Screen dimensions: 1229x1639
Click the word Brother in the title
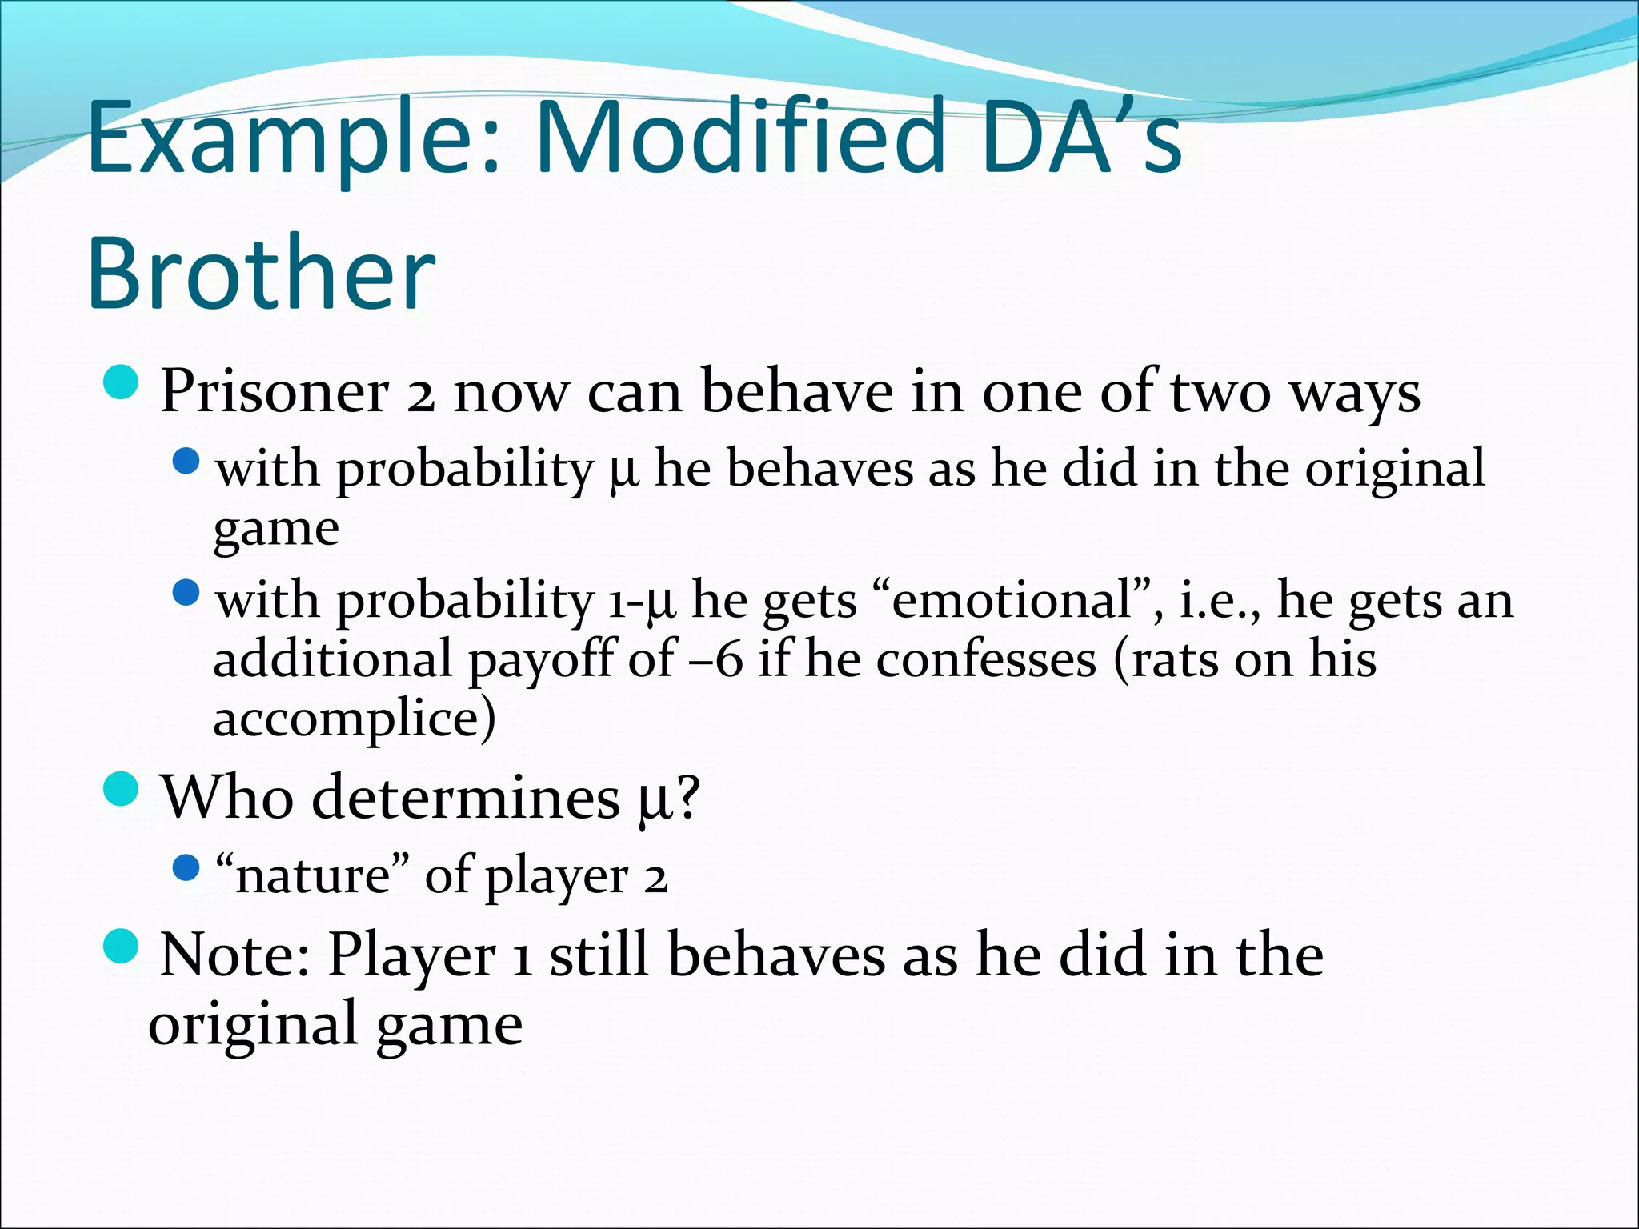point(261,274)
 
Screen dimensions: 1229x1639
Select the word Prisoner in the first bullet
point(275,392)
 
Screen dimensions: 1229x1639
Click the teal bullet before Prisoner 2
point(122,382)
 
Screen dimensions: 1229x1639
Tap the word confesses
point(986,659)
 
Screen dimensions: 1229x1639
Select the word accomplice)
point(354,718)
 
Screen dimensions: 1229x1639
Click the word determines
point(465,798)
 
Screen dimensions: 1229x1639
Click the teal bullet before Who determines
point(122,789)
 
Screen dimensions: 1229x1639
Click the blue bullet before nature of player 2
point(186,867)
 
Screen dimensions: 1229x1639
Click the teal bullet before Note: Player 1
point(122,946)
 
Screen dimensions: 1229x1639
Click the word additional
point(333,659)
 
